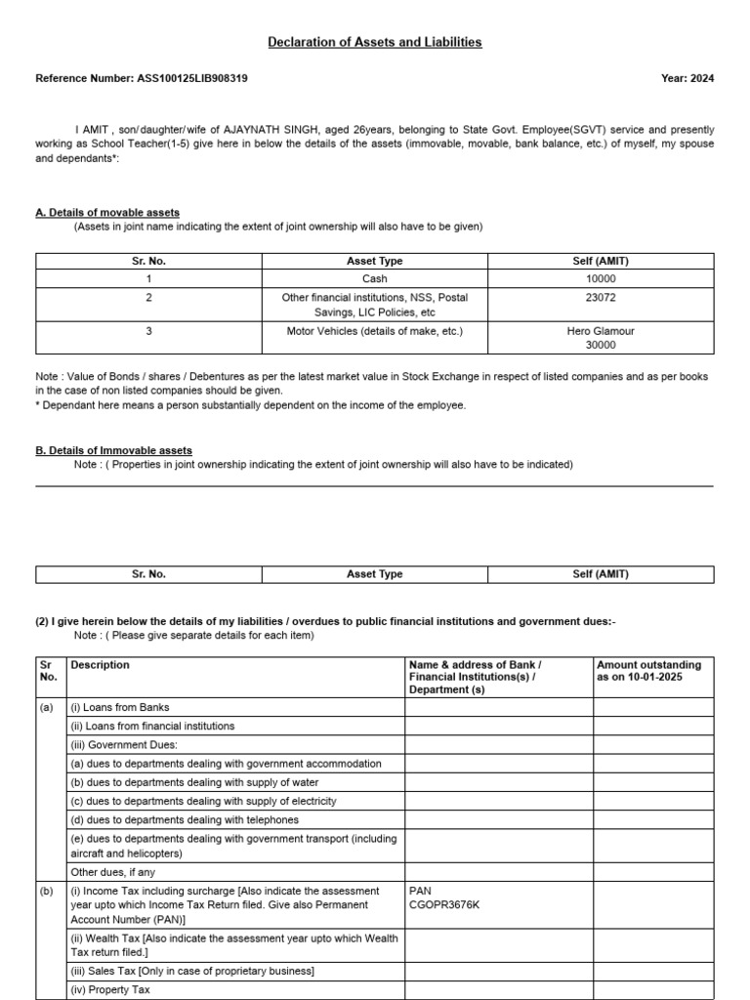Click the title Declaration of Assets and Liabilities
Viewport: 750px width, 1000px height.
tap(375, 42)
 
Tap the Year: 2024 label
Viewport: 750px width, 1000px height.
tap(687, 78)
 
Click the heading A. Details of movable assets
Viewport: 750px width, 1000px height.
tap(107, 212)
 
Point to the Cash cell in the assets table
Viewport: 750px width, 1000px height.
tap(374, 279)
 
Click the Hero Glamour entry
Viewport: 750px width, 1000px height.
tap(602, 331)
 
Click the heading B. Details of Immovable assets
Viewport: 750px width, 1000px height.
tap(113, 450)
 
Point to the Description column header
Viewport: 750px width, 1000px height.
tap(100, 665)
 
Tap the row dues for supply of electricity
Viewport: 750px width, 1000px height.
tap(203, 801)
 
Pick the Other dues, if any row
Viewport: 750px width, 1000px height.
tap(112, 872)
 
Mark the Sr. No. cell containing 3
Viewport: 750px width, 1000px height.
tap(148, 331)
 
